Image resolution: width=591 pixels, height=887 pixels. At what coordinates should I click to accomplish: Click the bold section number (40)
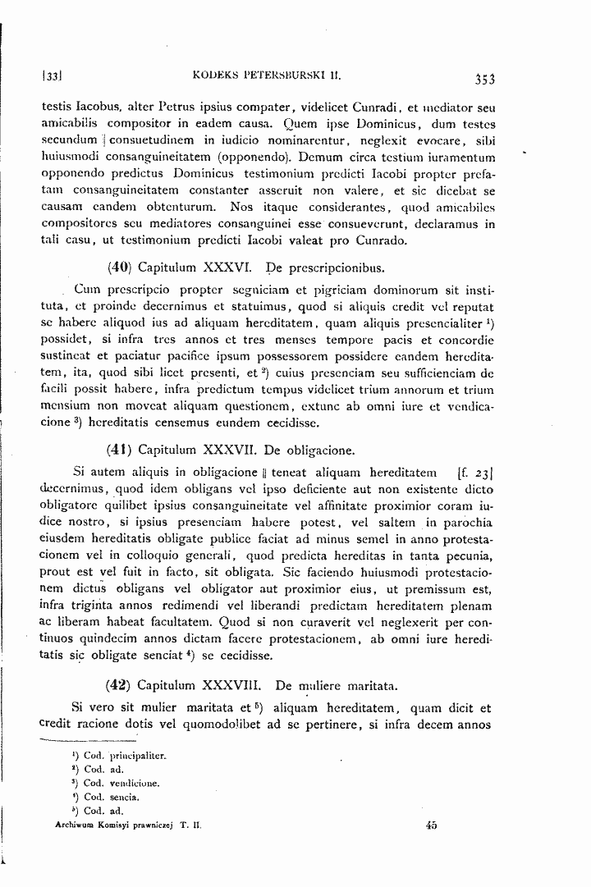click(x=120, y=267)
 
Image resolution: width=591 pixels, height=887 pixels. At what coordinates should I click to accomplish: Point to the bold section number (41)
click(x=120, y=450)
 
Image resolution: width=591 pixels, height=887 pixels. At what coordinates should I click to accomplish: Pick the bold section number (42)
click(x=120, y=684)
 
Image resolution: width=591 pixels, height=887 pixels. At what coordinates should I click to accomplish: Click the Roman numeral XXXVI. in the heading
click(x=225, y=267)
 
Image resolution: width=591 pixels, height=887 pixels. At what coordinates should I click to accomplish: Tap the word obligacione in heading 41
click(x=317, y=450)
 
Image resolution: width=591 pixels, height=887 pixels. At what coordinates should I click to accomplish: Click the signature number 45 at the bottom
click(x=431, y=826)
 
